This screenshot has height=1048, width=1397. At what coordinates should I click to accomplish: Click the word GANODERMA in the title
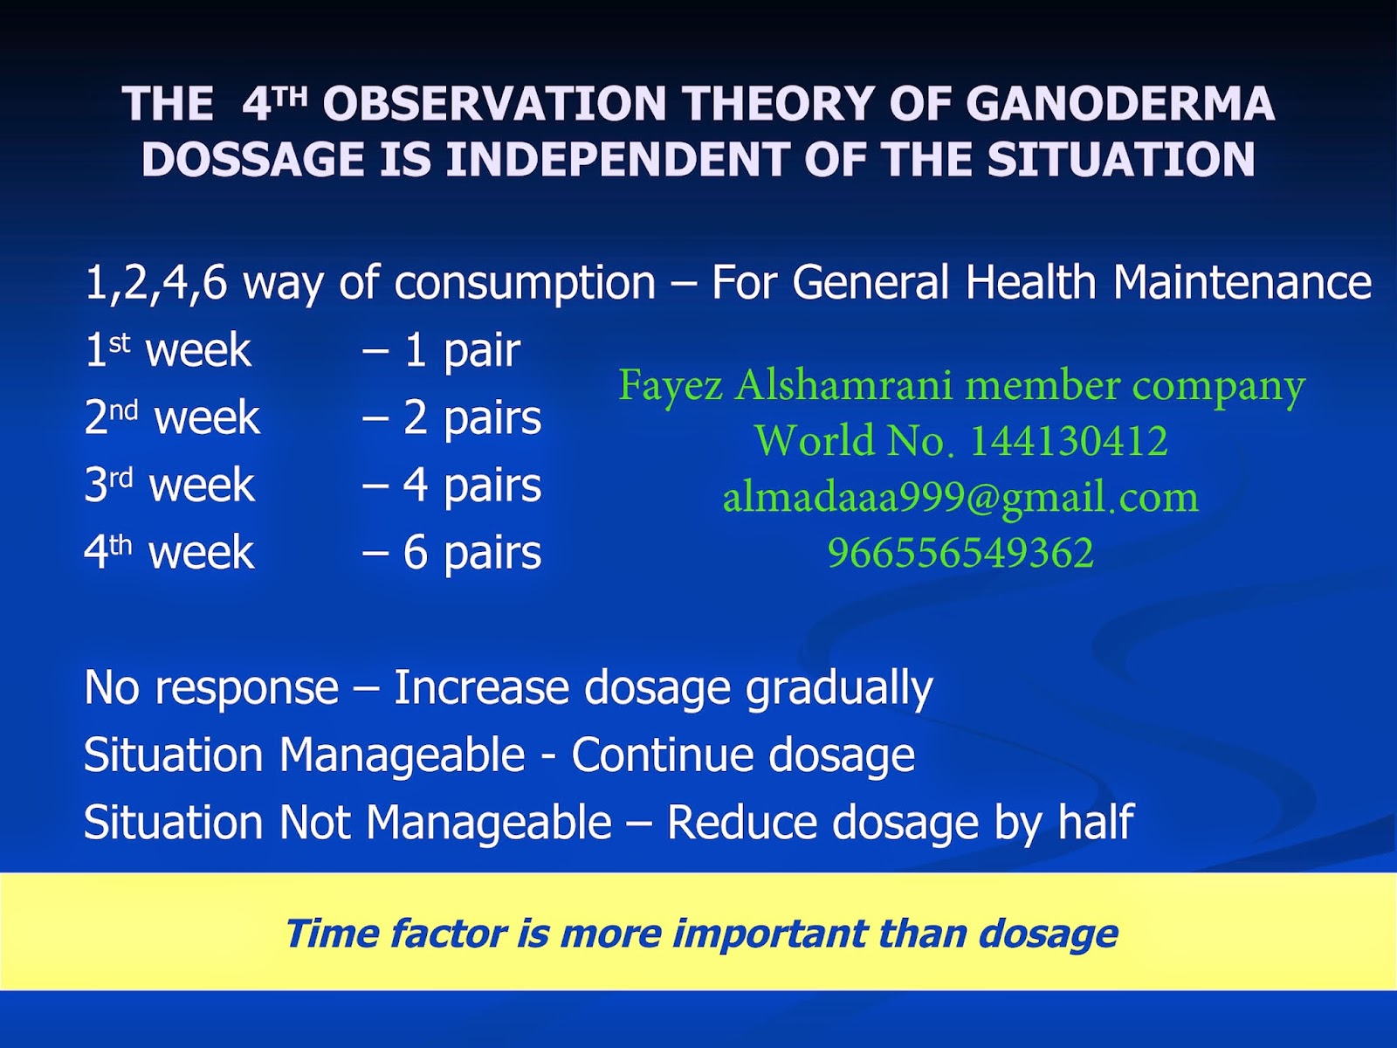point(1120,103)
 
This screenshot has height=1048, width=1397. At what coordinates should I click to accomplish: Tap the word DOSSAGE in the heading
point(253,159)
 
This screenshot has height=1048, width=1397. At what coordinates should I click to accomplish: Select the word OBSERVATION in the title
point(494,103)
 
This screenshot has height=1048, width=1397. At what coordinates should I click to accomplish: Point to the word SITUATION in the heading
point(1121,159)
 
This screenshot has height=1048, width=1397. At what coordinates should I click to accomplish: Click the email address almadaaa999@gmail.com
point(960,498)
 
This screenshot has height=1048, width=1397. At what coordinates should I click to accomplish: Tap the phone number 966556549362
point(960,553)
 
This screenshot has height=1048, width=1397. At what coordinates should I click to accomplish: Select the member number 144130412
point(1070,440)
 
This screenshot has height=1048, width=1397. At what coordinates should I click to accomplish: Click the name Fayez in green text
point(671,387)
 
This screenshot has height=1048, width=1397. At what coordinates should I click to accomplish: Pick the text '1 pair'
point(462,350)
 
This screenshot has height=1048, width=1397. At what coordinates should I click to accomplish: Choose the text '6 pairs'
point(471,552)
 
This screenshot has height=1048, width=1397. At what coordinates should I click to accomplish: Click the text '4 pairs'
point(471,486)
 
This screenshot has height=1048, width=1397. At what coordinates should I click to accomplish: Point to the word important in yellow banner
point(769,934)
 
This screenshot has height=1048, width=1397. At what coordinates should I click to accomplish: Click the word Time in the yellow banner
point(330,934)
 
